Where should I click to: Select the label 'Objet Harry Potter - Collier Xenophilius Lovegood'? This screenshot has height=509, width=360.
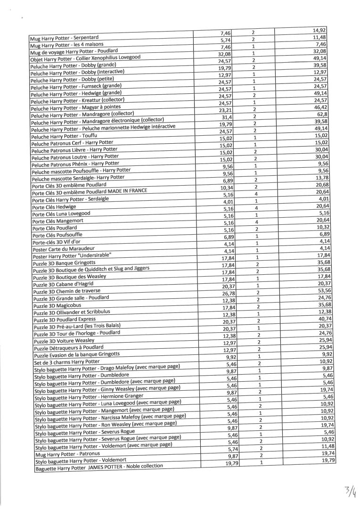tap(85, 59)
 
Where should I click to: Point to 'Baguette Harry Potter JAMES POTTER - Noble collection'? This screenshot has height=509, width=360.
tap(99, 468)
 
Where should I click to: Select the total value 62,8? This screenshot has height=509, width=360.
tap(320, 115)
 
